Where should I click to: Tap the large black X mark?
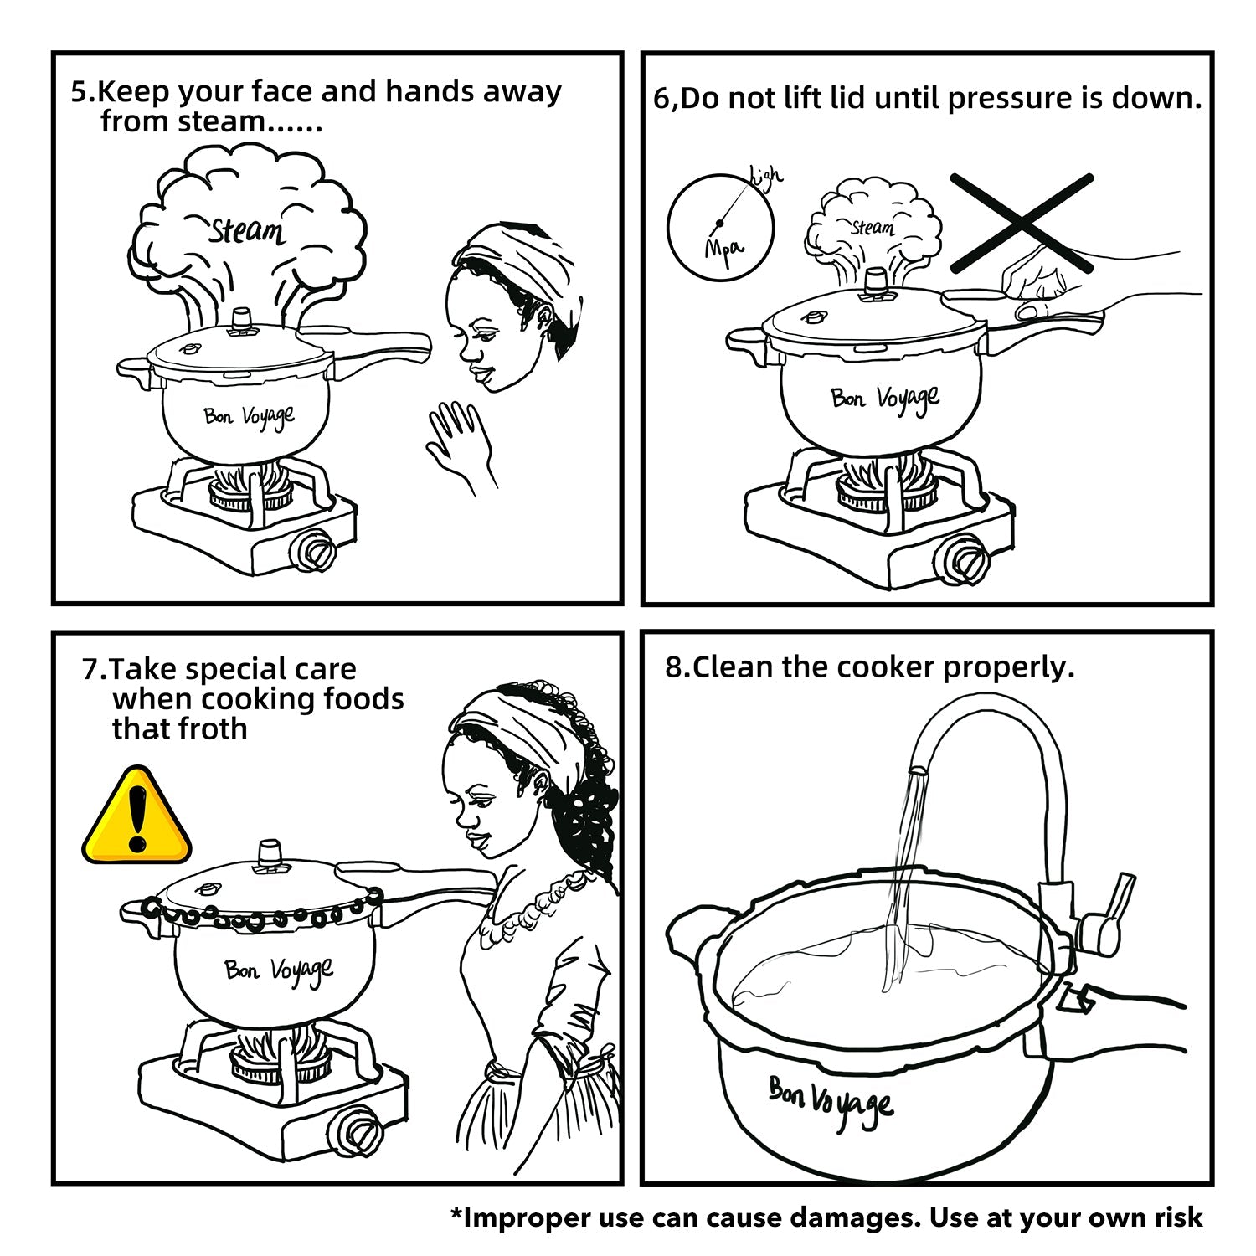1022,223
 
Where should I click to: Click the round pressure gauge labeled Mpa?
720,226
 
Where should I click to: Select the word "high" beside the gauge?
766,175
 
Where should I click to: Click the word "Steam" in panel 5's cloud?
246,229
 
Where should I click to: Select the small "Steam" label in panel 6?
873,227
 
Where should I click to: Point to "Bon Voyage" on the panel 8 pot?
831,1104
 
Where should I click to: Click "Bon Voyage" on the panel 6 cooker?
886,400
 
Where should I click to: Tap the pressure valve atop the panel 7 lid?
269,855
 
